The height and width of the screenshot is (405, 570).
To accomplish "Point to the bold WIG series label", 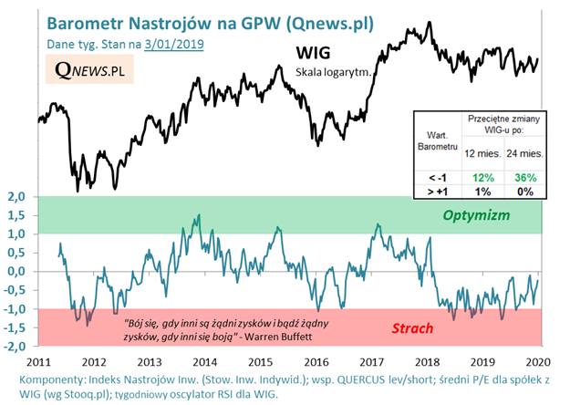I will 315,54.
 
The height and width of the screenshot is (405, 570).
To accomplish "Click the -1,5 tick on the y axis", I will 16,328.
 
